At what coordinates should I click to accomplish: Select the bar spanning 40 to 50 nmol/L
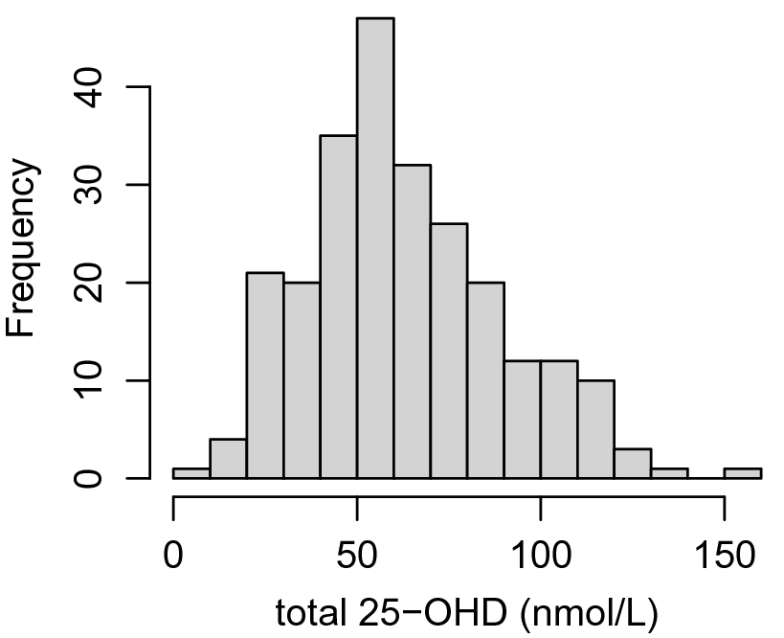pos(339,307)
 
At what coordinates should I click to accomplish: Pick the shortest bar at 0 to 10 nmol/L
pos(191,473)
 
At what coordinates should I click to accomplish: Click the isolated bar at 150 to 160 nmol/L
pos(743,473)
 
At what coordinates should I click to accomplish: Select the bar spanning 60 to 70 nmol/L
pos(412,321)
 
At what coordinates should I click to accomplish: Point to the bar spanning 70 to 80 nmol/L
pos(449,351)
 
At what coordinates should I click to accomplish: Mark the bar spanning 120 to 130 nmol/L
pos(633,464)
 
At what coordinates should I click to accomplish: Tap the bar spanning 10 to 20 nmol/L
pos(229,459)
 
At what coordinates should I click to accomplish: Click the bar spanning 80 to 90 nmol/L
pos(485,380)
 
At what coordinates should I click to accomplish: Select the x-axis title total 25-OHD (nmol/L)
pos(466,610)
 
